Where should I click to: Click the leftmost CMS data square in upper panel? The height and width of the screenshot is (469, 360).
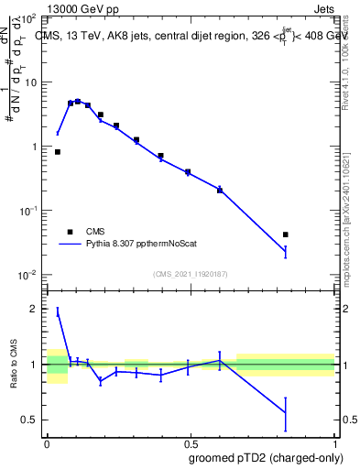58,152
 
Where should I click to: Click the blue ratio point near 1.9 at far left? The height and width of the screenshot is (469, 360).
58,313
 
